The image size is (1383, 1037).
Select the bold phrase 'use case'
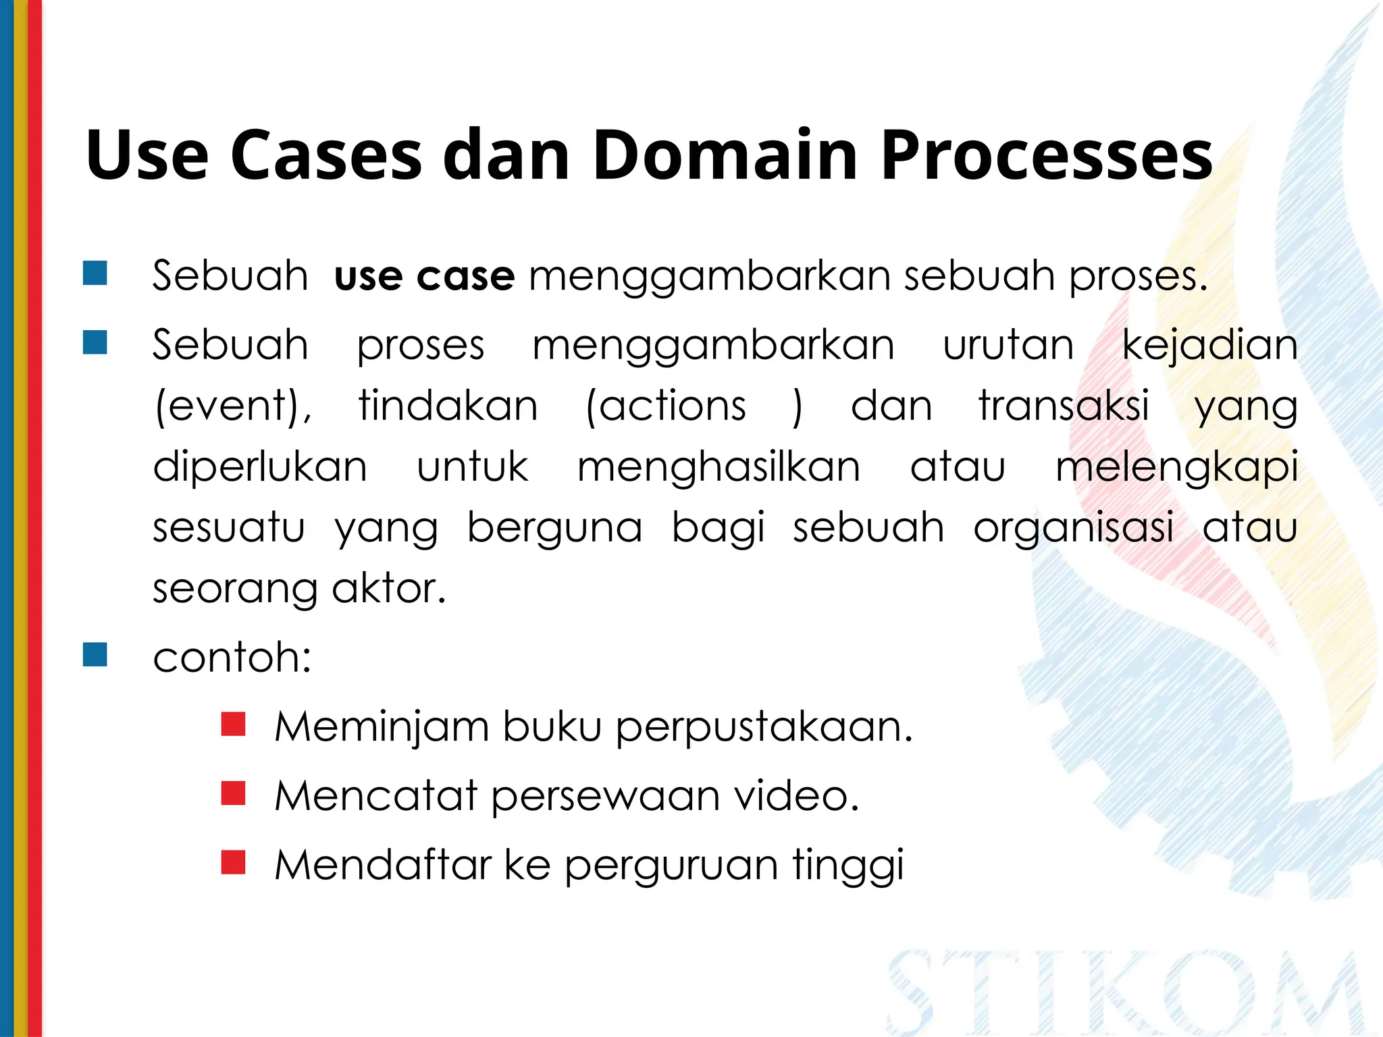click(424, 276)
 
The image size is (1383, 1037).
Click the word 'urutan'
click(1008, 345)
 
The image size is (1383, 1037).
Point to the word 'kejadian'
click(1209, 345)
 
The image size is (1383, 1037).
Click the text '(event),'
click(234, 406)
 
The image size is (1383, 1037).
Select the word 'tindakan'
click(448, 406)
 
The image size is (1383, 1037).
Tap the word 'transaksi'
click(1064, 406)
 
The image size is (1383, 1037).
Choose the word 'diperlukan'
click(260, 467)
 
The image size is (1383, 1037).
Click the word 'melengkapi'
click(1176, 467)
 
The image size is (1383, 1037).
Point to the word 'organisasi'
click(1073, 528)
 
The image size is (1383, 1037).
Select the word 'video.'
click(797, 796)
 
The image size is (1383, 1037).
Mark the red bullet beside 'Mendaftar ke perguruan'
click(233, 862)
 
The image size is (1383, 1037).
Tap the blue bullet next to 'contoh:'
click(95, 655)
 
